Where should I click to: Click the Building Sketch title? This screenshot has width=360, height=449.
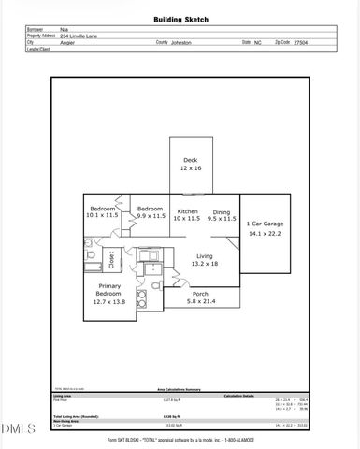[x=180, y=18]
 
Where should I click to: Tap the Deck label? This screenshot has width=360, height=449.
[x=190, y=160]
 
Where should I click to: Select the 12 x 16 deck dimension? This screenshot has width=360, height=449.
[x=190, y=169]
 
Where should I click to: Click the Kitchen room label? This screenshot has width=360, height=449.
[x=188, y=211]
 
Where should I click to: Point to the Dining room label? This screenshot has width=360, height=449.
[x=222, y=211]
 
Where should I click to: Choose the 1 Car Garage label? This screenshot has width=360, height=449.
[x=265, y=224]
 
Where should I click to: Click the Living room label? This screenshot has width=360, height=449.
[x=203, y=256]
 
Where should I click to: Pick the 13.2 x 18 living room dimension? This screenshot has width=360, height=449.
[x=203, y=266]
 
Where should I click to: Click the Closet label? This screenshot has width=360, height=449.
[x=111, y=258]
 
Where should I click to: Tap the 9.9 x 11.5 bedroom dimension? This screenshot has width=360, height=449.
[x=151, y=216]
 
